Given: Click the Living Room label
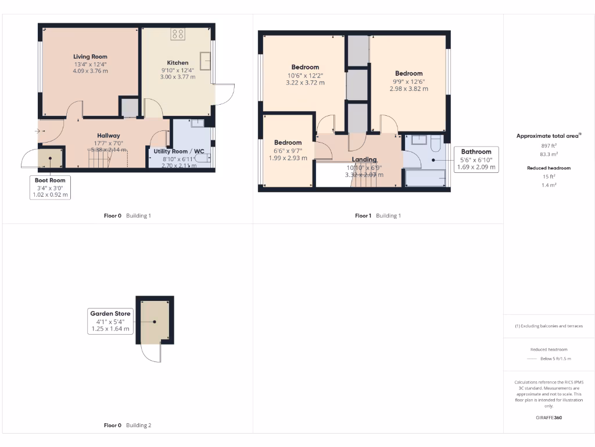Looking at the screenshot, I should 90,56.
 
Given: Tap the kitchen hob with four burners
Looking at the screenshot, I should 178,34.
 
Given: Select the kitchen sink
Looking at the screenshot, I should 205,61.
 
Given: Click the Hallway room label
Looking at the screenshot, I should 108,136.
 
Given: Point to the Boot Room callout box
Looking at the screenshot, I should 50,187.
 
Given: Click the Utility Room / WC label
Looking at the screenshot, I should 179,151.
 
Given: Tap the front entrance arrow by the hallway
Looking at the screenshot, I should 38,132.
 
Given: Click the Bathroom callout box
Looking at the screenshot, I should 476,159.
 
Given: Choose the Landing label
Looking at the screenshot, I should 364,159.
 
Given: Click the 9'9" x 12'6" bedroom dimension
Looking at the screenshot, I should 408,81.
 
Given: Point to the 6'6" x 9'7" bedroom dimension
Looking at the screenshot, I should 288,150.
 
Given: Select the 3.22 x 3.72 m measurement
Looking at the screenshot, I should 305,83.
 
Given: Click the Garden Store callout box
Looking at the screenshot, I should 110,321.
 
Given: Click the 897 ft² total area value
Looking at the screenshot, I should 549,146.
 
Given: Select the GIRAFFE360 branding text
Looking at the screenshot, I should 549,417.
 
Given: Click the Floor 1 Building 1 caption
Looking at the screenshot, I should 378,215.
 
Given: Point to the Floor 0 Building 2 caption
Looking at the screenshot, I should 127,425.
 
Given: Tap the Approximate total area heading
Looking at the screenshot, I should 549,136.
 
